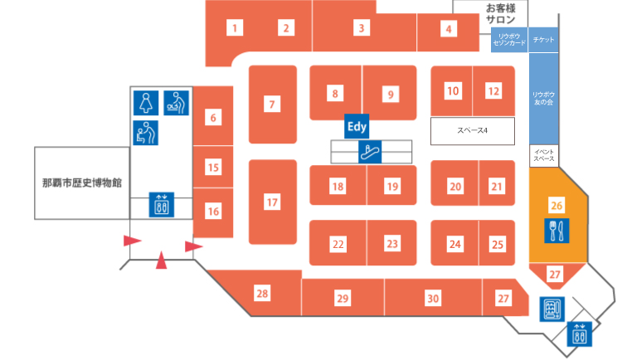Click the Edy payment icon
point(357,127)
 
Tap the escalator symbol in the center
point(370,152)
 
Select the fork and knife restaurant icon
point(556,231)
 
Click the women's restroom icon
point(146,103)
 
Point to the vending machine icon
point(552,309)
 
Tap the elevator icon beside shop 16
point(162,205)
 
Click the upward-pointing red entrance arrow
point(161,260)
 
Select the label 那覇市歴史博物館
point(82,183)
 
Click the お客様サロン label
point(500,14)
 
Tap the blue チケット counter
point(543,40)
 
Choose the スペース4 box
point(473,131)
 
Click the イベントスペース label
point(544,155)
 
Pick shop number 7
point(272,105)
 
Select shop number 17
point(272,202)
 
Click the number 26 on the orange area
point(556,206)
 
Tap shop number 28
point(262,294)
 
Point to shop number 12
point(493,91)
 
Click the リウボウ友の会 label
point(543,99)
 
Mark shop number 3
point(362,28)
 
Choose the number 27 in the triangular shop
point(555,275)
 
